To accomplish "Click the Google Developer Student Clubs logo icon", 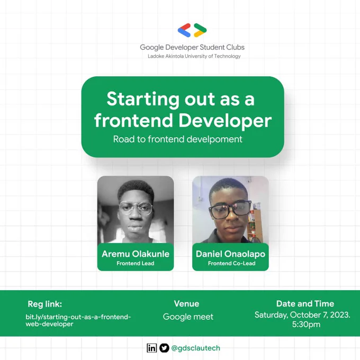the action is pos(192,30).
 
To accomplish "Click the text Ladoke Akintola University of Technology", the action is pos(194,56).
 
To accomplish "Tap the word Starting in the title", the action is pos(143,100).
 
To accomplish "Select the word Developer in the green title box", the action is pos(225,121).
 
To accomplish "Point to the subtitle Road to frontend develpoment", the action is pos(178,139).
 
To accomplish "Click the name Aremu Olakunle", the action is pos(136,254).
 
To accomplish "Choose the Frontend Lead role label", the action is pos(136,263).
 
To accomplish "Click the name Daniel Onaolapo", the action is pos(230,254).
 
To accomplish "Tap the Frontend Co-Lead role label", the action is pos(232,263).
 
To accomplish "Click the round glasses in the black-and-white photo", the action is pos(136,208).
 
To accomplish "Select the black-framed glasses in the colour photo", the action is pos(230,209).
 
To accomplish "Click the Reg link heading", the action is pos(45,304).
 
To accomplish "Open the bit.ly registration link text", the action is pos(78,320).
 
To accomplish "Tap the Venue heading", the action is pos(186,303).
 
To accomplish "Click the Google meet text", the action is pos(188,317).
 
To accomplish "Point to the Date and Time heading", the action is pos(305,303).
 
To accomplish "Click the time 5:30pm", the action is pos(307,325).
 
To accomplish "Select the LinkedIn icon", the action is pos(152,348).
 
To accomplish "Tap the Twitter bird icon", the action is pos(165,348).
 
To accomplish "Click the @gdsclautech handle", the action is pos(195,348).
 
